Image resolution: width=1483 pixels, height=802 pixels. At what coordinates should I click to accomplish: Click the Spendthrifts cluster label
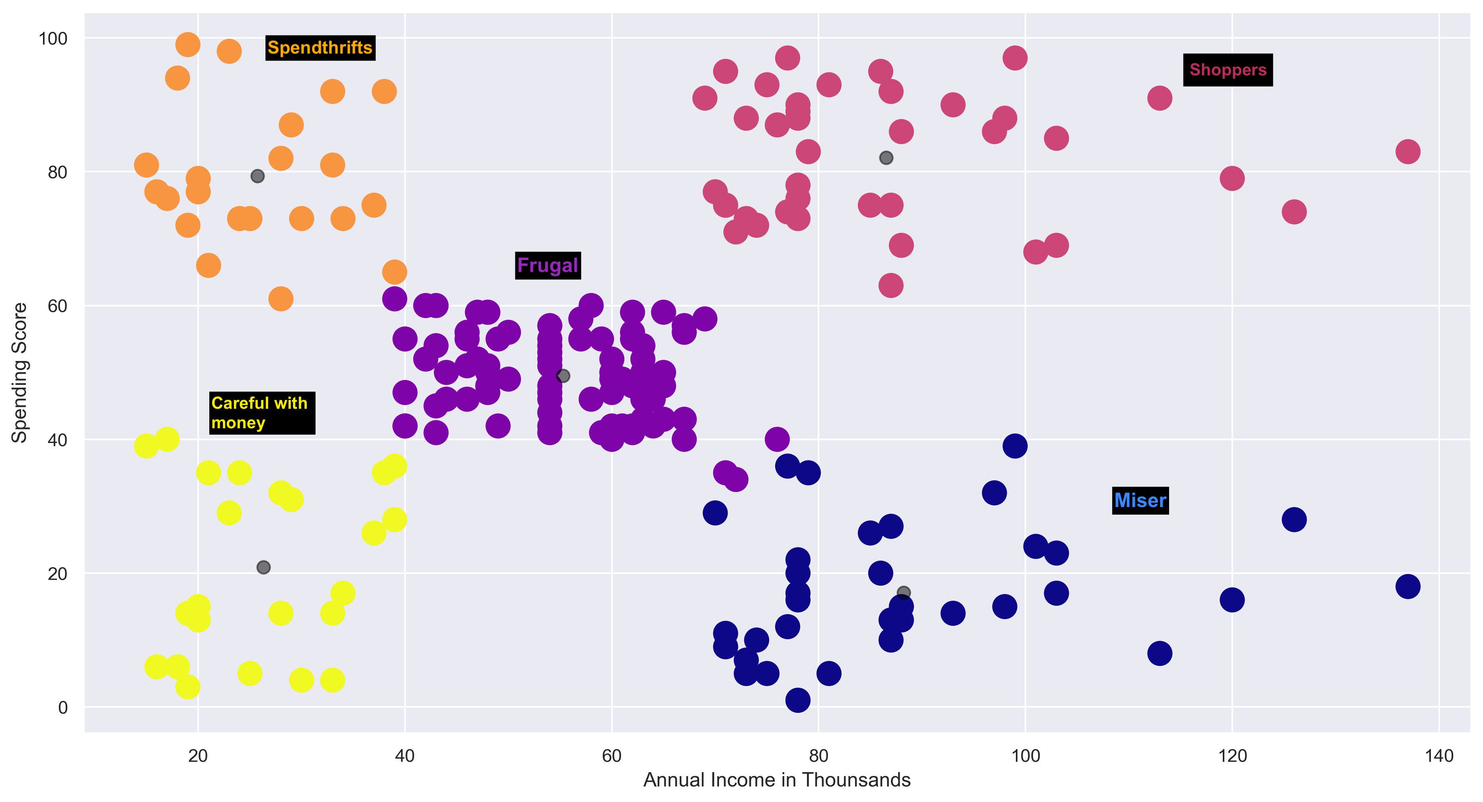[x=320, y=48]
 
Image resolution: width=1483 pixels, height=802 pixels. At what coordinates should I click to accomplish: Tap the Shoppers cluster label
[x=1228, y=70]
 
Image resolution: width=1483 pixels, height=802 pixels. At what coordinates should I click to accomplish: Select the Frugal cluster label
[x=548, y=265]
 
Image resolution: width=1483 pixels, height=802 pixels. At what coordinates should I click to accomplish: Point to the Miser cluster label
[x=1140, y=500]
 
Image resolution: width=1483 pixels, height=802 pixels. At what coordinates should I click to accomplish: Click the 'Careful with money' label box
[x=261, y=413]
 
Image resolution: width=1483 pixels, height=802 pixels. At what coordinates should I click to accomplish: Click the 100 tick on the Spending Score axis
[x=53, y=39]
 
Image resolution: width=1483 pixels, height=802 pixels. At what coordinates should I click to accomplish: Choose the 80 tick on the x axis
[x=818, y=756]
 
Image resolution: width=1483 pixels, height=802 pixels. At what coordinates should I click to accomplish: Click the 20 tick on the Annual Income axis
[x=197, y=756]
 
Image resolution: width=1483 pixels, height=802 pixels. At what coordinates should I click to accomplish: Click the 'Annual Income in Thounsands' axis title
[x=777, y=780]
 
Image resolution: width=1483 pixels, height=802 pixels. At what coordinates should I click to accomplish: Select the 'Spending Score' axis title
[x=19, y=373]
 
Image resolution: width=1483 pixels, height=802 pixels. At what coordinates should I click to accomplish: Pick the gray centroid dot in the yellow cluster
[x=263, y=568]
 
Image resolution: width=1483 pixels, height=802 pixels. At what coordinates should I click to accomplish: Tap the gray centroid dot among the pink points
[x=886, y=158]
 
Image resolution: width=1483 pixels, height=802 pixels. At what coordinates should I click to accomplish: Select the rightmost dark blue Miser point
[x=1407, y=587]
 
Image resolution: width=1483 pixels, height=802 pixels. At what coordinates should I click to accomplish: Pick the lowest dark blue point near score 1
[x=797, y=700]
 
